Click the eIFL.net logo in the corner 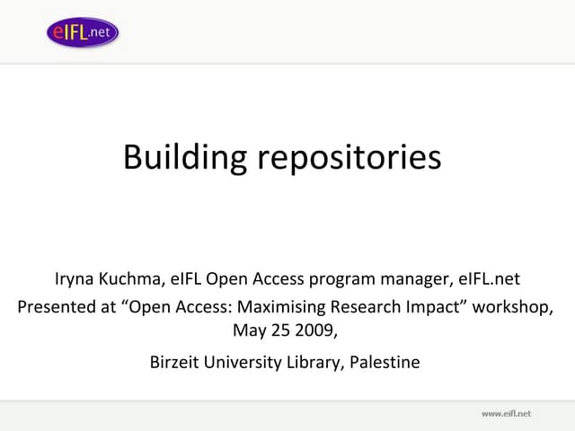pos(83,32)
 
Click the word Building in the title pos(184,157)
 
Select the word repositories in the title pos(349,157)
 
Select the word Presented pos(54,306)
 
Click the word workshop pos(509,306)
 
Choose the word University pos(245,364)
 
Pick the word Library pos(315,364)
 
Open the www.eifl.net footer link pos(507,413)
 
